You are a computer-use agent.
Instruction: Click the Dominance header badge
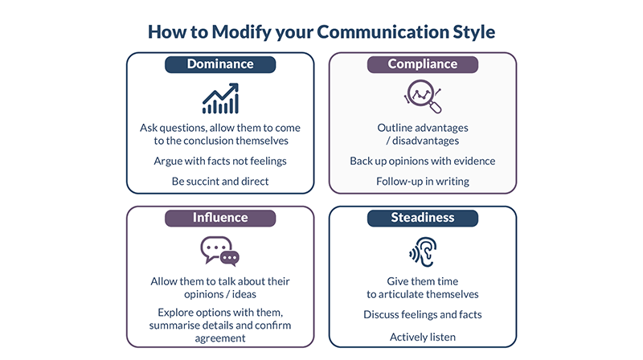(x=220, y=64)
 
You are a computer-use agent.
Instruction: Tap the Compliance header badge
(x=423, y=64)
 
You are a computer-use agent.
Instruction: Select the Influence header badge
(x=220, y=218)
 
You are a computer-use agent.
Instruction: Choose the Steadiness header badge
(x=423, y=218)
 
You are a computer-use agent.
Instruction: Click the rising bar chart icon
(x=220, y=98)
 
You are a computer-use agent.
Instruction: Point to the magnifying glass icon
(x=423, y=96)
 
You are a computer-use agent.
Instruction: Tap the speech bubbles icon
(x=219, y=251)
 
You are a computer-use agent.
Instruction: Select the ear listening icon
(x=423, y=252)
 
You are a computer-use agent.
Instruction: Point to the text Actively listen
(x=423, y=337)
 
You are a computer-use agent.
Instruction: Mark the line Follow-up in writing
(x=423, y=182)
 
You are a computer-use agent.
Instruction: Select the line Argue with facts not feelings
(x=220, y=162)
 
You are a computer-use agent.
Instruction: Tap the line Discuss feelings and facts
(x=423, y=314)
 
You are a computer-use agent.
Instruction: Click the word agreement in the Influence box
(x=220, y=338)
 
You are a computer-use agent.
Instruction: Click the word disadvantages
(x=426, y=141)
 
